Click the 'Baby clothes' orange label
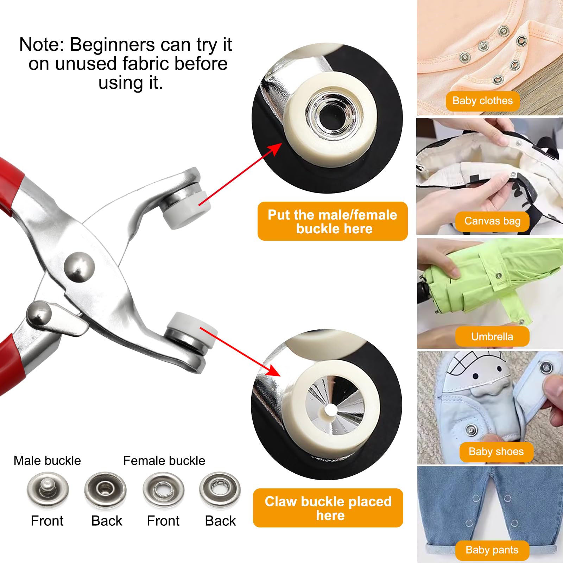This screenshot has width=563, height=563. (482, 101)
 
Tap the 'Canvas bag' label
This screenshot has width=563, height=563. (492, 221)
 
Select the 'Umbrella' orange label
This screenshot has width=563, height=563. (492, 337)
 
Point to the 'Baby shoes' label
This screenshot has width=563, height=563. (496, 452)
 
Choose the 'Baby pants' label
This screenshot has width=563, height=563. (492, 550)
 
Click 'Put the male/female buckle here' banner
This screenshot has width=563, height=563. (333, 221)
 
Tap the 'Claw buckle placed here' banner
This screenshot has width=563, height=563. (328, 508)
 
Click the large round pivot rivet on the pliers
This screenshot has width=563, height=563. (80, 266)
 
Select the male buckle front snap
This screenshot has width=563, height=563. (48, 489)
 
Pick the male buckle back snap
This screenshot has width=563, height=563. (105, 489)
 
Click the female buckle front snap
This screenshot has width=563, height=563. (163, 489)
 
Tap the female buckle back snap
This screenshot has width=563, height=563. (220, 489)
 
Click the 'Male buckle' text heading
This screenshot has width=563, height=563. (47, 461)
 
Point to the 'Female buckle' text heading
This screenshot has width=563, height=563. (164, 461)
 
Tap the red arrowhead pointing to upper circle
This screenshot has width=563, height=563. (276, 149)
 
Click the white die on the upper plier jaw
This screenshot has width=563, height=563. (187, 211)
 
